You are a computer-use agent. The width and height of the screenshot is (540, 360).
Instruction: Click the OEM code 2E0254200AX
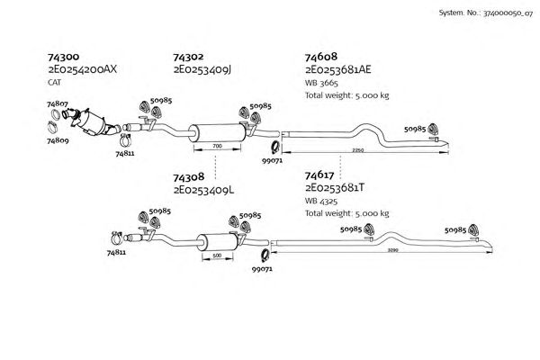pos(84,69)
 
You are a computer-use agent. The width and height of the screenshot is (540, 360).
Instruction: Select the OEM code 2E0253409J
pos(203,69)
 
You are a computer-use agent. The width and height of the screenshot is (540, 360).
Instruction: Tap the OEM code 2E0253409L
pos(204,189)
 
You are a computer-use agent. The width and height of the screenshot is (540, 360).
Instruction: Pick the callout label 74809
pos(57,141)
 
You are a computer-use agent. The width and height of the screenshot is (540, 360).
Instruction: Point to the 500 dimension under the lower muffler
pos(216,256)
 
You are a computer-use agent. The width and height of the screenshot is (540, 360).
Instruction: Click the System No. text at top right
pos(485,14)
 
